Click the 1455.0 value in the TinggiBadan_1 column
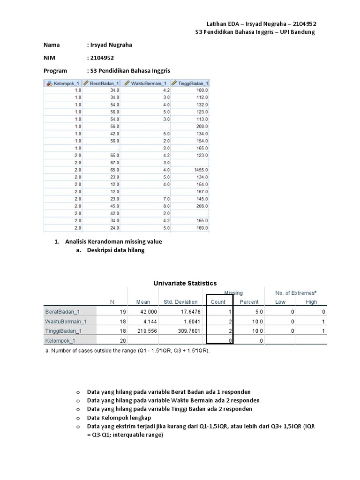[x=200, y=170]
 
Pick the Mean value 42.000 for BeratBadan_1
[x=142, y=312]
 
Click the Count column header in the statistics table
[x=218, y=302]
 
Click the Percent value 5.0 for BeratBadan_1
[x=259, y=312]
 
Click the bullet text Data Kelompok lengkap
[x=119, y=418]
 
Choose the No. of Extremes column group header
[x=296, y=293]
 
